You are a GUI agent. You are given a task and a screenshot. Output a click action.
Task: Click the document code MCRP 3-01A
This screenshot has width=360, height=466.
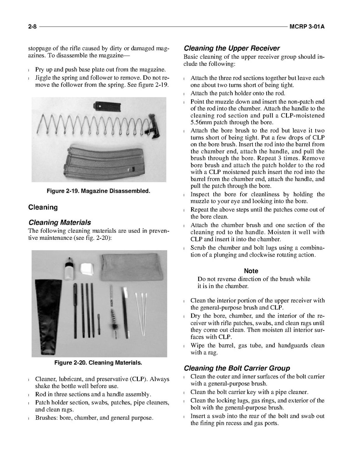[307, 27]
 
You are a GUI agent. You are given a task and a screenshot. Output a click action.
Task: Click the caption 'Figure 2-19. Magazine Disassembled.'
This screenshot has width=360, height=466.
[98, 191]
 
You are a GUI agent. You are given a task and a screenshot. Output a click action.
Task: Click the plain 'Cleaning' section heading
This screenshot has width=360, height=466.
[43, 207]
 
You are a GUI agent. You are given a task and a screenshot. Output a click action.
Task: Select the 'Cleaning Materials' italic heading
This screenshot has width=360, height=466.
[60, 222]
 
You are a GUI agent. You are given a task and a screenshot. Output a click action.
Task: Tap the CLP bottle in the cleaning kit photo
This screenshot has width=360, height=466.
[70, 269]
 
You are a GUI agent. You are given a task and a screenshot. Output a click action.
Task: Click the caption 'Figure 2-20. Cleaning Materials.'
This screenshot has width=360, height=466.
[98, 362]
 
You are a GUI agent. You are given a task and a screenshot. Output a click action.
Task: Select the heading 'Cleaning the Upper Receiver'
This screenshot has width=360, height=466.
[232, 48]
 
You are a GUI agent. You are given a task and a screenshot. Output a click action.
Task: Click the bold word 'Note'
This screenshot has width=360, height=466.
[251, 271]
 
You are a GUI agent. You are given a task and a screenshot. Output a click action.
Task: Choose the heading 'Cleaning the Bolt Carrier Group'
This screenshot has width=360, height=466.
[237, 368]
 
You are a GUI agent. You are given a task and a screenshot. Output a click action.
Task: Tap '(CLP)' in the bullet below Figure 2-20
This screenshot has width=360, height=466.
[139, 379]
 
